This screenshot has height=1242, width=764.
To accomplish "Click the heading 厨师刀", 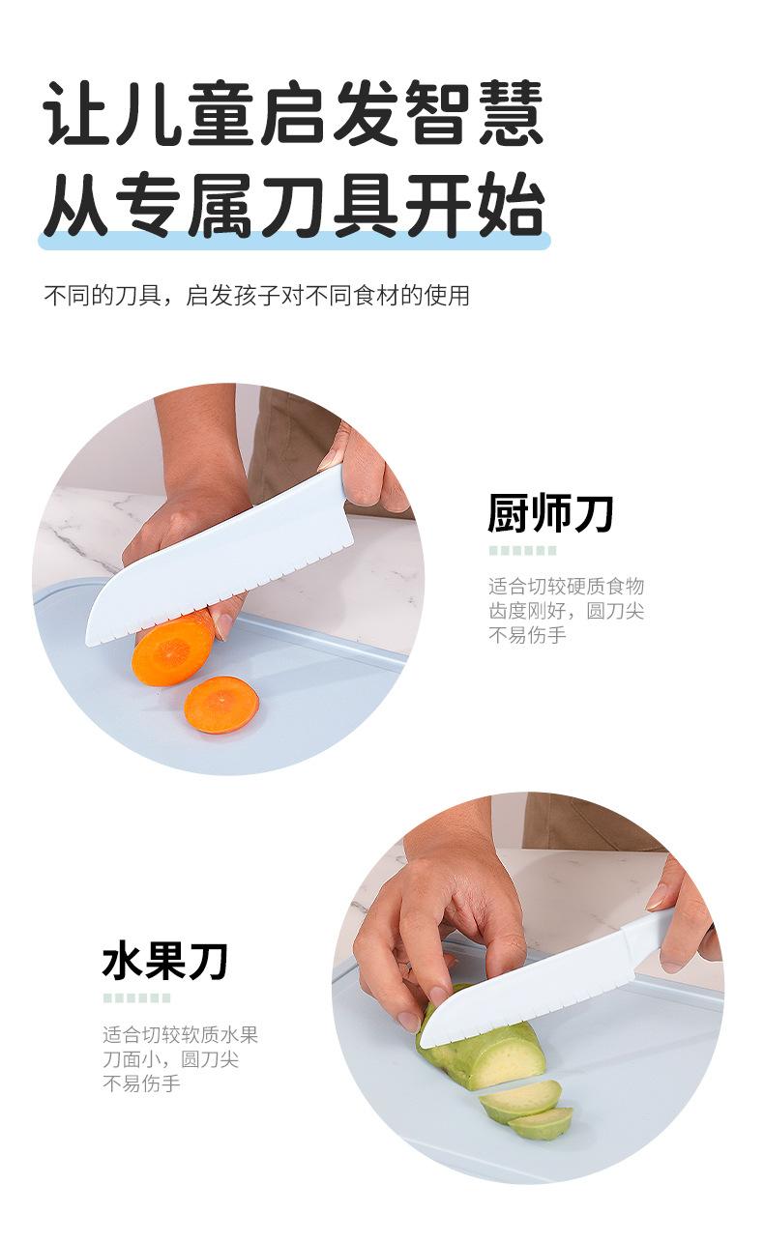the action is tap(550, 514).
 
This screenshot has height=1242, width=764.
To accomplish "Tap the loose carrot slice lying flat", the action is tap(221, 704).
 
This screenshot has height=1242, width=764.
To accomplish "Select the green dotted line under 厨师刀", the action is tap(522, 551).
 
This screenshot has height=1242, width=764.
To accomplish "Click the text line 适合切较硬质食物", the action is tap(566, 586).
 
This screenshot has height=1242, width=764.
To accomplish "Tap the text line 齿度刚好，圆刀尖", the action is tap(566, 611).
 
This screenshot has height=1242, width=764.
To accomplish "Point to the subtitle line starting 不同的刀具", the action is tap(257, 296).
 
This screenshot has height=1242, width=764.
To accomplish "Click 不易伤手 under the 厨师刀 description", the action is tap(527, 635).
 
